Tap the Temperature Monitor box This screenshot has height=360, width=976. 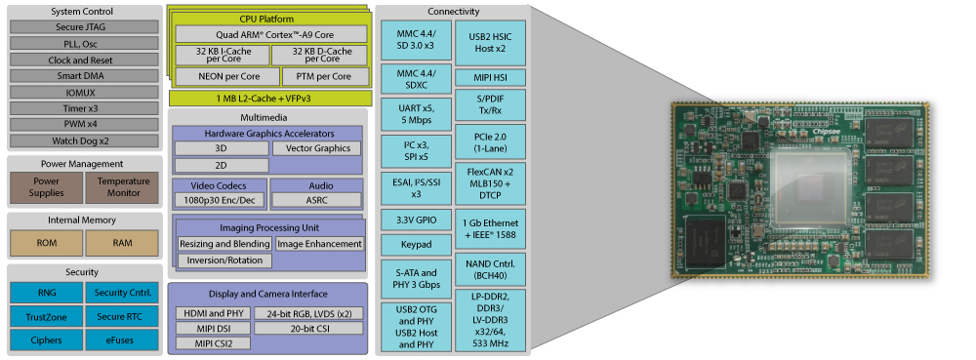(x=123, y=187)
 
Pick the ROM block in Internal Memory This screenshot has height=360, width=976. (x=47, y=243)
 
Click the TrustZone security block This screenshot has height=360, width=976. (x=47, y=316)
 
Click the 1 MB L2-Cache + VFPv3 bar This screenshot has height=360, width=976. (x=270, y=99)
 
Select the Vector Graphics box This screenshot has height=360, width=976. (x=317, y=148)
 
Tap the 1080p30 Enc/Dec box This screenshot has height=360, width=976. (x=219, y=200)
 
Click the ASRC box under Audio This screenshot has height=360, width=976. (x=317, y=200)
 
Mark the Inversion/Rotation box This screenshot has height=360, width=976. (x=224, y=260)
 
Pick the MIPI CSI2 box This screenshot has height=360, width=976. (x=213, y=343)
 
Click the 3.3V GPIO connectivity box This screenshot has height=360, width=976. (x=417, y=220)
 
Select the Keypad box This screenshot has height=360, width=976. (x=417, y=245)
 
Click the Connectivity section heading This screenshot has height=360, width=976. (x=453, y=12)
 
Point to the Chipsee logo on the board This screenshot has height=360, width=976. (x=826, y=132)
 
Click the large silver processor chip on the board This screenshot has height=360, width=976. (x=809, y=187)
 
